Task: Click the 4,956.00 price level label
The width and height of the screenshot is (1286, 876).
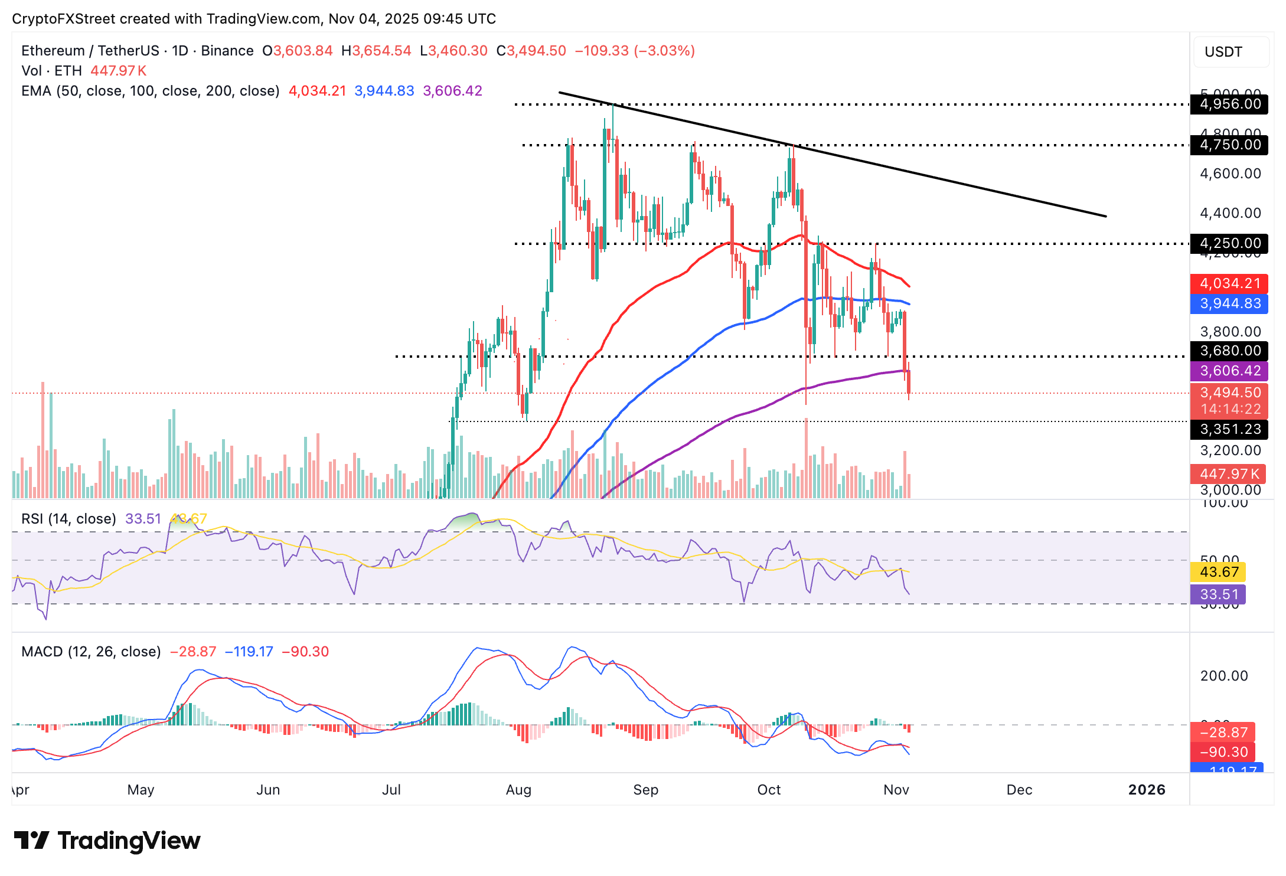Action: [1229, 104]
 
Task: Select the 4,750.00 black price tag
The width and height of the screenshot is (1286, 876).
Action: [1229, 145]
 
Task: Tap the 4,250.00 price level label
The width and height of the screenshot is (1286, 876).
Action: [1229, 243]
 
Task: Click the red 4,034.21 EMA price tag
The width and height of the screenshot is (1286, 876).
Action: [1229, 283]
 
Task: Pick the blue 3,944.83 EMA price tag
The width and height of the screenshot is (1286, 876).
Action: [1229, 303]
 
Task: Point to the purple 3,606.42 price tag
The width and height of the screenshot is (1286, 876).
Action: [1229, 371]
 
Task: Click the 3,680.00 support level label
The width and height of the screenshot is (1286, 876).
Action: [1229, 351]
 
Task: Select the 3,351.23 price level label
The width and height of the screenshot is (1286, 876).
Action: [1229, 429]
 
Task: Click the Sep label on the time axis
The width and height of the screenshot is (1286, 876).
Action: [645, 790]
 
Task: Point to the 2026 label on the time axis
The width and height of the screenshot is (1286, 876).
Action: [1147, 790]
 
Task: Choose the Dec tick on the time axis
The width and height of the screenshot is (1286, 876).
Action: [1019, 790]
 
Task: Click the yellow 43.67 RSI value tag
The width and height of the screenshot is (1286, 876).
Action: [1219, 572]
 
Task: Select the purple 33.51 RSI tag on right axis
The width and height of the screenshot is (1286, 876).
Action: [1219, 594]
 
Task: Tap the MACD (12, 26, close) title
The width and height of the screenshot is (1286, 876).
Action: [91, 652]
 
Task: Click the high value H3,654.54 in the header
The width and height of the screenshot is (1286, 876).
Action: [376, 51]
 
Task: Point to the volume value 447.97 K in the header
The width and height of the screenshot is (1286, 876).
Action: [118, 71]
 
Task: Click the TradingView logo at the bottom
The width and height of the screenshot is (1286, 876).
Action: [107, 841]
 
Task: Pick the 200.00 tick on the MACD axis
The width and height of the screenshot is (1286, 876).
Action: [1223, 676]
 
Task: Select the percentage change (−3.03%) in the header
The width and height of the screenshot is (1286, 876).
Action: [664, 51]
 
